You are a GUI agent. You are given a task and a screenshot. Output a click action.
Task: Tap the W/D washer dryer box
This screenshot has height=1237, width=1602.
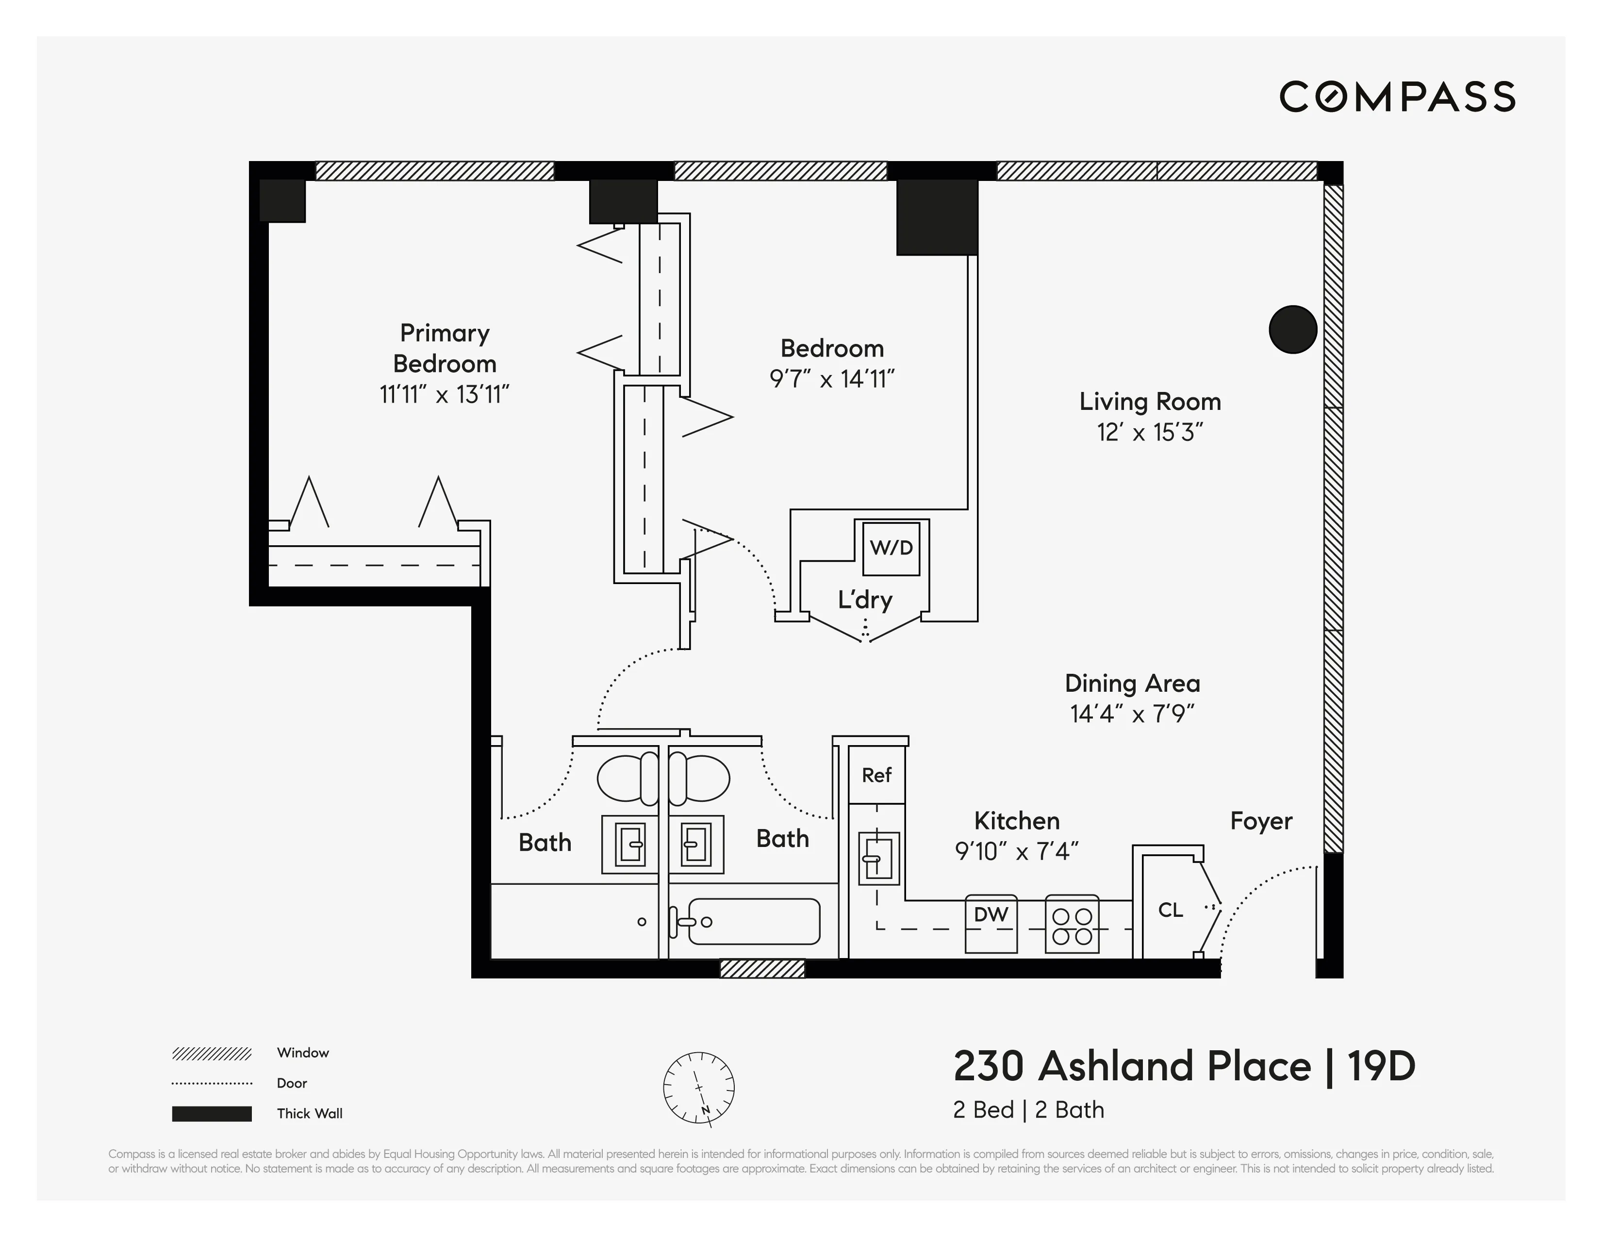pos(891,548)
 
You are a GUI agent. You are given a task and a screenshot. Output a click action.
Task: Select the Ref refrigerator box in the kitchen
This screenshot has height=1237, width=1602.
pos(876,775)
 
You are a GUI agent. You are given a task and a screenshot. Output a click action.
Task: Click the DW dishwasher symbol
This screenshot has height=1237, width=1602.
pos(991,923)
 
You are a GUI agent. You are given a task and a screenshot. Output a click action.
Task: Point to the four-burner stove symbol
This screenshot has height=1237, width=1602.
pos(1072,924)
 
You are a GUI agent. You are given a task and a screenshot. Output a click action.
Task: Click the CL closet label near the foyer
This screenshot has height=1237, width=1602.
pos(1170,910)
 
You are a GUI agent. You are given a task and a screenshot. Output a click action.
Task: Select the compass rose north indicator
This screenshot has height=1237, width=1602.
pos(698,1088)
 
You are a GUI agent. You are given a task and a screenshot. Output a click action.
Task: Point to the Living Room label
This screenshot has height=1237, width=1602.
pos(1149,402)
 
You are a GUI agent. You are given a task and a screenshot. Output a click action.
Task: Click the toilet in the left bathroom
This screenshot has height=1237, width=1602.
pos(627,778)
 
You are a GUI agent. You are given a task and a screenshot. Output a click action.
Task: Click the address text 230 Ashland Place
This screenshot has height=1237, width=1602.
pos(1131,1066)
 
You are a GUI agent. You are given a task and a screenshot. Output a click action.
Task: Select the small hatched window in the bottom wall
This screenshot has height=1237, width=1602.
pos(762,969)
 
